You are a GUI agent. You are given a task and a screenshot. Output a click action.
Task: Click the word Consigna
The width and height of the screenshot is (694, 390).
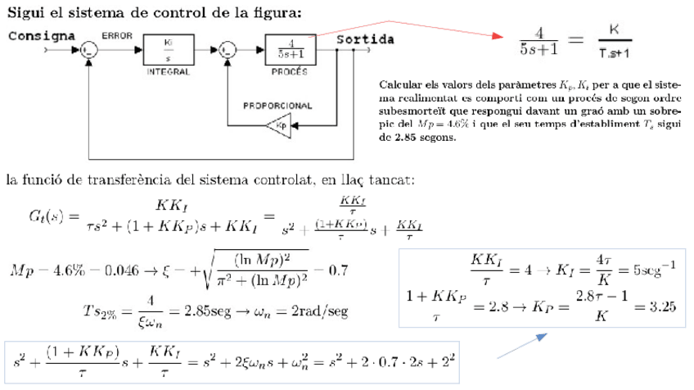point(41,36)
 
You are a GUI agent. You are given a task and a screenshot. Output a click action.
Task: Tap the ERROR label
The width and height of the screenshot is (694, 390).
point(116,36)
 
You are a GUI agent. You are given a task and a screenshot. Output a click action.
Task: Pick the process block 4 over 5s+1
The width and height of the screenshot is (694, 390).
point(289,48)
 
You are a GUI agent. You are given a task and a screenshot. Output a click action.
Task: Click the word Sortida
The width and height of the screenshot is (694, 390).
point(365,39)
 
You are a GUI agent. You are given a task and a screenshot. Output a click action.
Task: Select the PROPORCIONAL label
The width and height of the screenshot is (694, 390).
point(277,106)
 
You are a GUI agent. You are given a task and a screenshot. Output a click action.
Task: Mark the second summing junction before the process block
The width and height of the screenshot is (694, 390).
point(227,50)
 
